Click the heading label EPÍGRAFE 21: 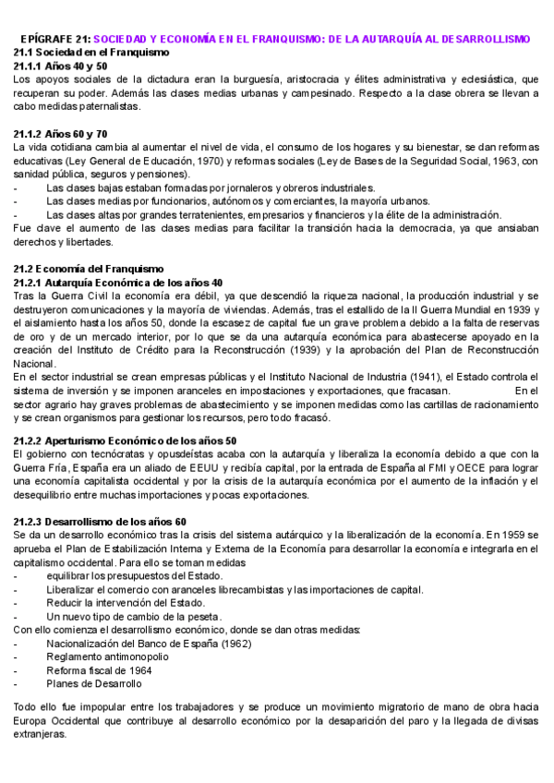[54, 39]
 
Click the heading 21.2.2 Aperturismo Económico [126, 440]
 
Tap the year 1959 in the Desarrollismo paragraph [512, 536]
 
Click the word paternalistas [106, 107]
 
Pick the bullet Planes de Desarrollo [94, 684]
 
